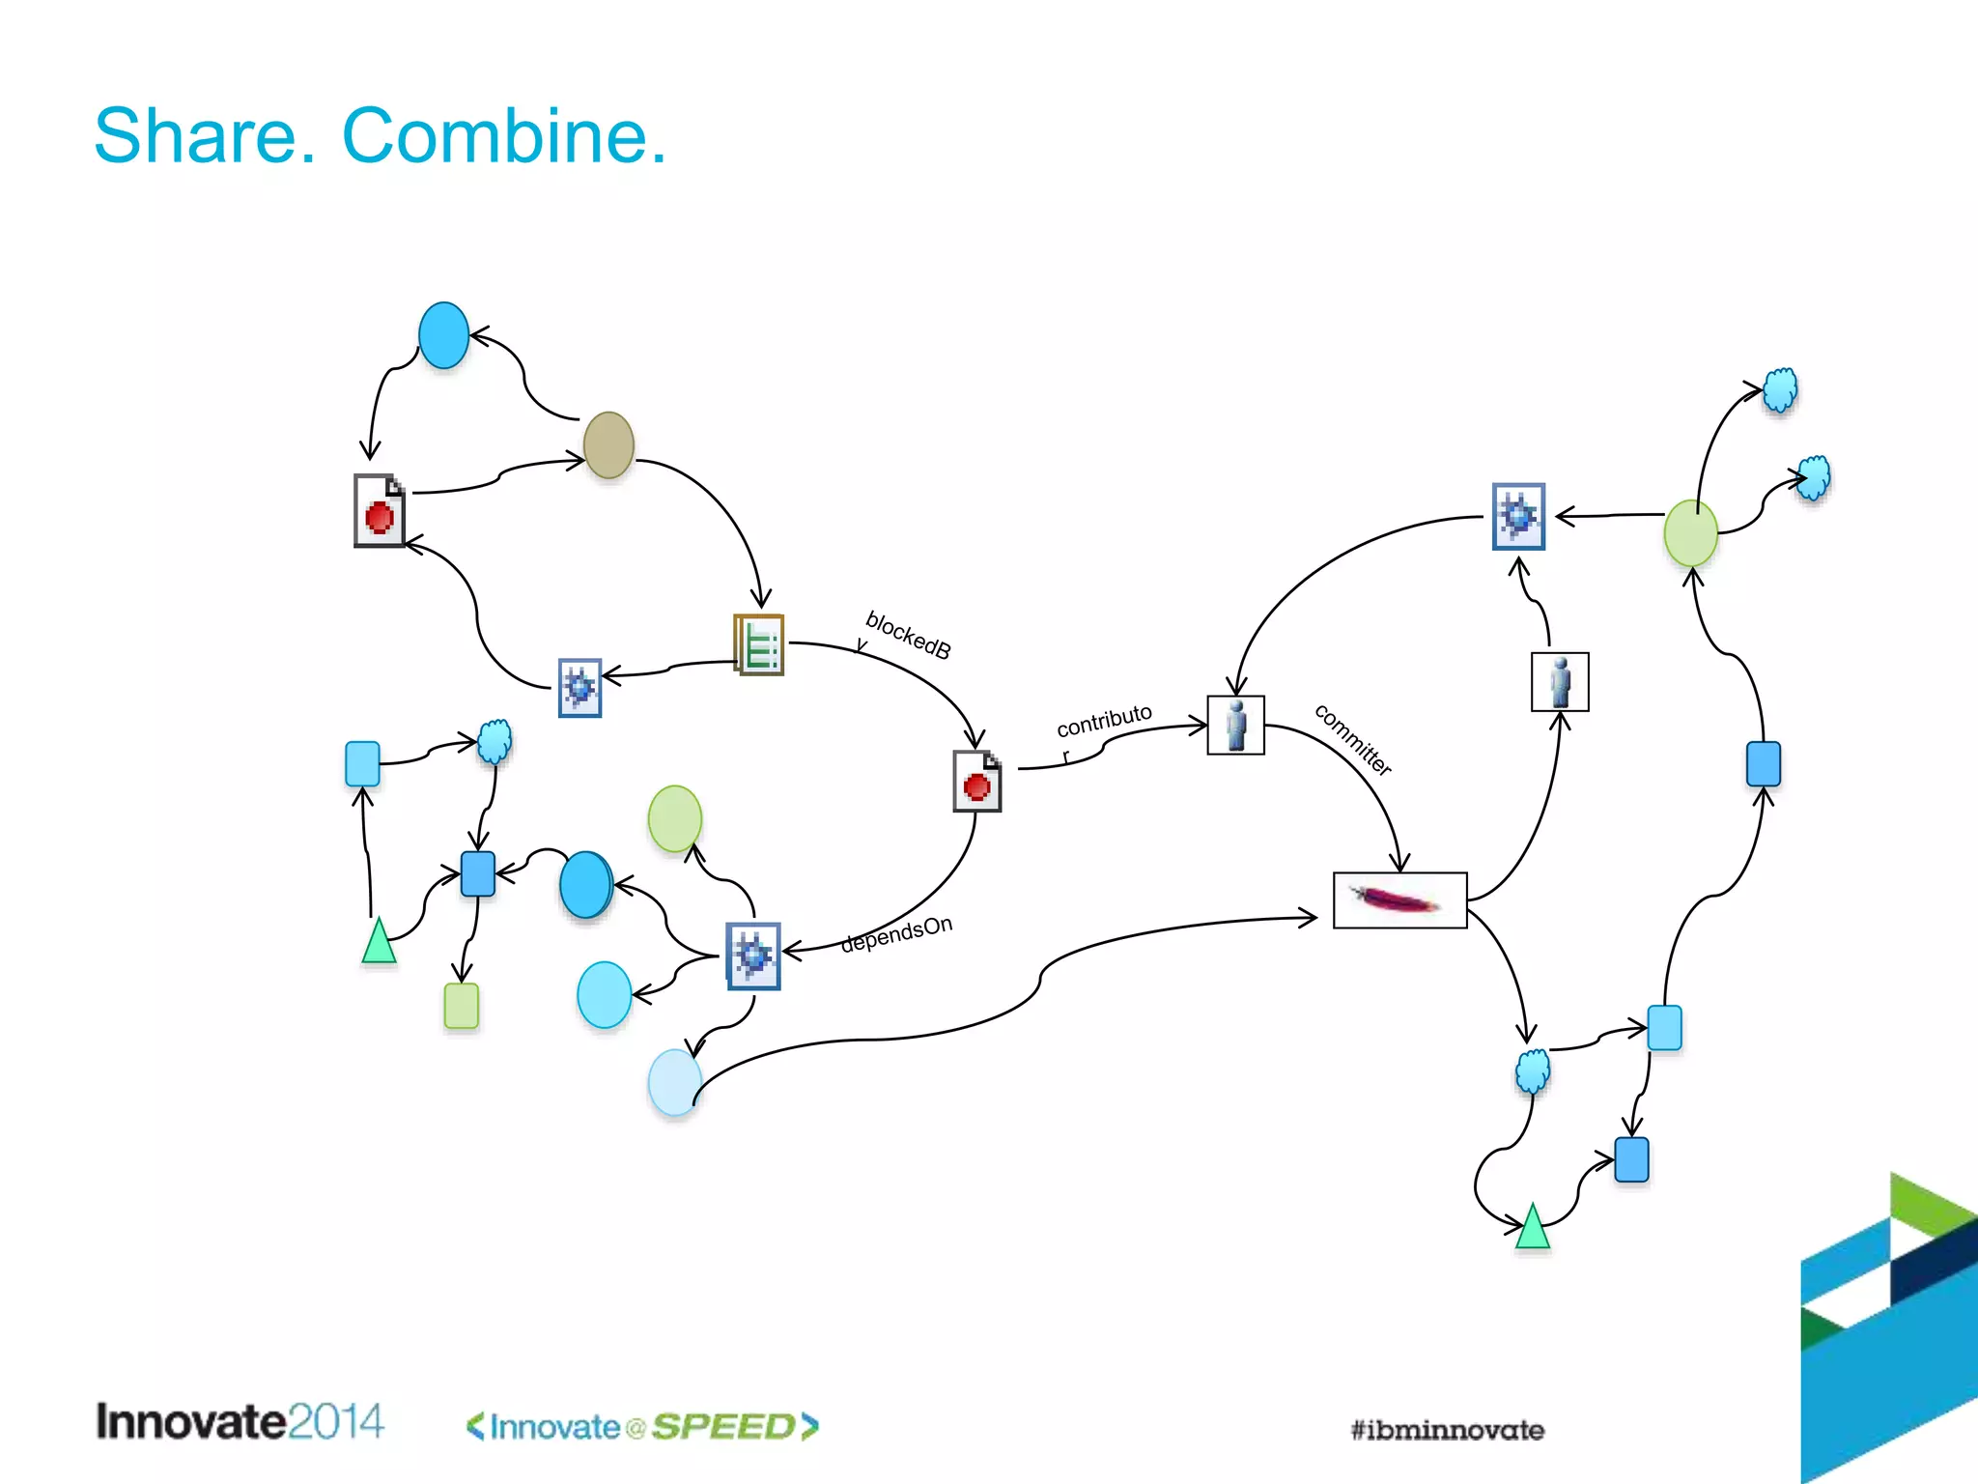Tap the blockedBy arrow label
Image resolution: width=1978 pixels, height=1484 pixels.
coord(907,636)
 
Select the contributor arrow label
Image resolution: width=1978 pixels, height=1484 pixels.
coord(1103,722)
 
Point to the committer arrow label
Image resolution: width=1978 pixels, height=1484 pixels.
coord(1353,740)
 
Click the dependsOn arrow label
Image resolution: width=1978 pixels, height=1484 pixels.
coord(896,934)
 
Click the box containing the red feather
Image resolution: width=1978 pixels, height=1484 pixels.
coord(1399,900)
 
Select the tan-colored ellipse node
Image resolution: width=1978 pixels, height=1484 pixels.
coord(608,445)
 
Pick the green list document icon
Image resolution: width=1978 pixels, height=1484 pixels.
coord(759,644)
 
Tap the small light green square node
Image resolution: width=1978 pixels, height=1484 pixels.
coord(462,1006)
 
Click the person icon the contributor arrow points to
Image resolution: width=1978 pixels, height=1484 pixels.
coord(1235,725)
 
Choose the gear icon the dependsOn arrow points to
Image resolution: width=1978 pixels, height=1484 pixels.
coord(753,956)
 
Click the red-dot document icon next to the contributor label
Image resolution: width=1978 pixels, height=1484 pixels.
coord(976,781)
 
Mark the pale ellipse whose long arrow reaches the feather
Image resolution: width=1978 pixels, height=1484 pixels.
coord(674,1083)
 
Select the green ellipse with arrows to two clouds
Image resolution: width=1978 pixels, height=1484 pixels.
coord(1690,533)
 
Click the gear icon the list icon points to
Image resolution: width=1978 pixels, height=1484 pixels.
coord(579,688)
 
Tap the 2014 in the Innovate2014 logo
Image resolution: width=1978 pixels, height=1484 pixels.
coord(335,1421)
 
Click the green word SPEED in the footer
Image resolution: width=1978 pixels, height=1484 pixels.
coord(723,1427)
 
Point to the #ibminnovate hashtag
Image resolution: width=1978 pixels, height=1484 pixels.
coord(1447,1430)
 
